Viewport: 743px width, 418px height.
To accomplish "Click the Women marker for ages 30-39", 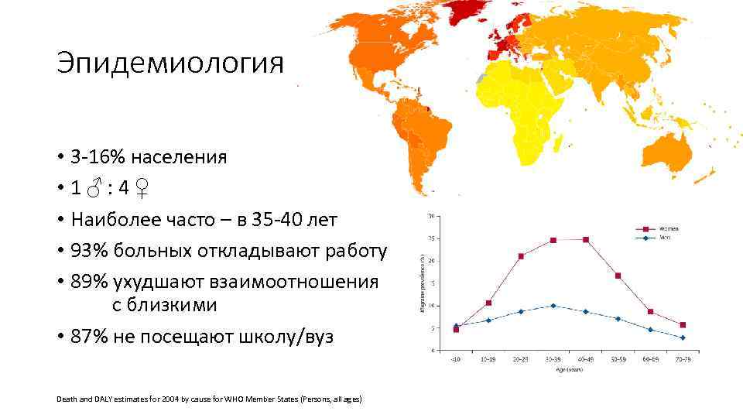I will tap(553, 240).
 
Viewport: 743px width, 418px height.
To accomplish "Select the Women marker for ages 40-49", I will tap(586, 239).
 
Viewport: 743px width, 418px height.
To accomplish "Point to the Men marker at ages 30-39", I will tap(553, 306).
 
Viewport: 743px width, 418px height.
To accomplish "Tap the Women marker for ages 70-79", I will tap(682, 325).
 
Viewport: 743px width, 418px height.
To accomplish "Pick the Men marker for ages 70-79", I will tap(682, 337).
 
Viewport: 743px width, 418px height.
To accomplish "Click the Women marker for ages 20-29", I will tap(521, 256).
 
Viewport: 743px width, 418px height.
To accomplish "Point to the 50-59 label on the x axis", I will tap(618, 360).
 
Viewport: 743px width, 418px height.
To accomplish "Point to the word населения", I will tap(178, 157).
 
